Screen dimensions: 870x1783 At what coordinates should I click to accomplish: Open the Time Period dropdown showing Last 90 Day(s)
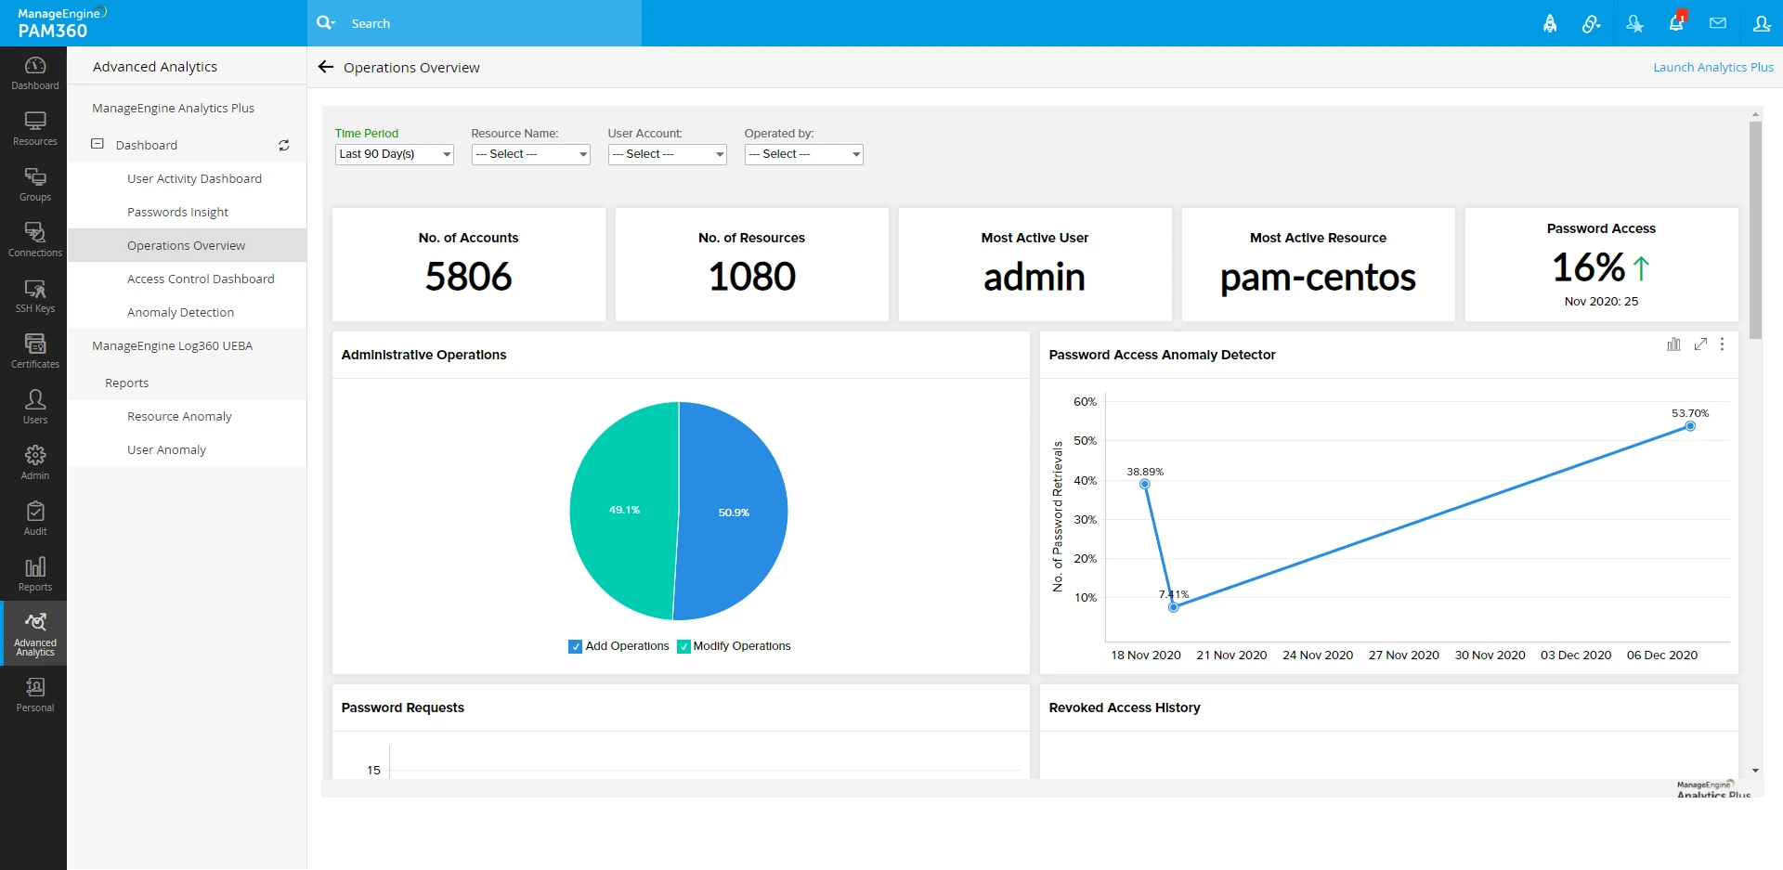click(394, 154)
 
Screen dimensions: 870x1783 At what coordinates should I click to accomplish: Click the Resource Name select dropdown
click(530, 154)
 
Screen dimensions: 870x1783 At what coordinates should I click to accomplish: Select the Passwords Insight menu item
click(177, 212)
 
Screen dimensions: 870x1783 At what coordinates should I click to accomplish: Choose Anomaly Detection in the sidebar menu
click(180, 312)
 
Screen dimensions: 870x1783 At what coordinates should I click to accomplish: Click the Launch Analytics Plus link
click(1712, 67)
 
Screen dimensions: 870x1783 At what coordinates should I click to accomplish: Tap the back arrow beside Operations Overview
click(326, 67)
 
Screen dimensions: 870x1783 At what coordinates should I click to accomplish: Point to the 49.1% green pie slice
click(624, 510)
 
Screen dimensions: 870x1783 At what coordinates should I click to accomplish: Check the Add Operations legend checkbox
click(576, 646)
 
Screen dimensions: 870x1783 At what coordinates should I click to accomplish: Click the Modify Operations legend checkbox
click(683, 646)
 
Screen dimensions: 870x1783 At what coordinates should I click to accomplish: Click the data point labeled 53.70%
click(1690, 426)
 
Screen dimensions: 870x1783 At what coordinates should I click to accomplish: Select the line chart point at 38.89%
click(1145, 484)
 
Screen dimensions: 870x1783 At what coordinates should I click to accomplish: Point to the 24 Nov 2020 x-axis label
click(1318, 655)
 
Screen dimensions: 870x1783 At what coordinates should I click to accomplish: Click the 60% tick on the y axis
click(1085, 402)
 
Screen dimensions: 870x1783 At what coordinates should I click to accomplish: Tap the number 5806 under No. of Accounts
click(468, 277)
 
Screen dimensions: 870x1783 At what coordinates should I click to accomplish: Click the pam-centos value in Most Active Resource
click(1318, 278)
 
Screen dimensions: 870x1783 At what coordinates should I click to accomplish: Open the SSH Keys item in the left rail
click(35, 296)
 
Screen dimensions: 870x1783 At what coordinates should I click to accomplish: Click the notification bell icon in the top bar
click(1676, 23)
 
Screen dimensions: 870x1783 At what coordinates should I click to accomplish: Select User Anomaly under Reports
click(166, 449)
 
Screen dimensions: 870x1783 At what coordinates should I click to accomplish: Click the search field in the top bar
click(483, 23)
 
